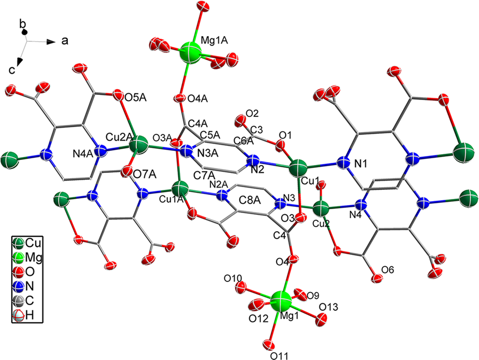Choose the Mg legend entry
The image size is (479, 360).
point(34,257)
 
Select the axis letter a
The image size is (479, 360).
point(66,42)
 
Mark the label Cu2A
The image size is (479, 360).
point(118,138)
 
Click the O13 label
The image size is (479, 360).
point(329,306)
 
